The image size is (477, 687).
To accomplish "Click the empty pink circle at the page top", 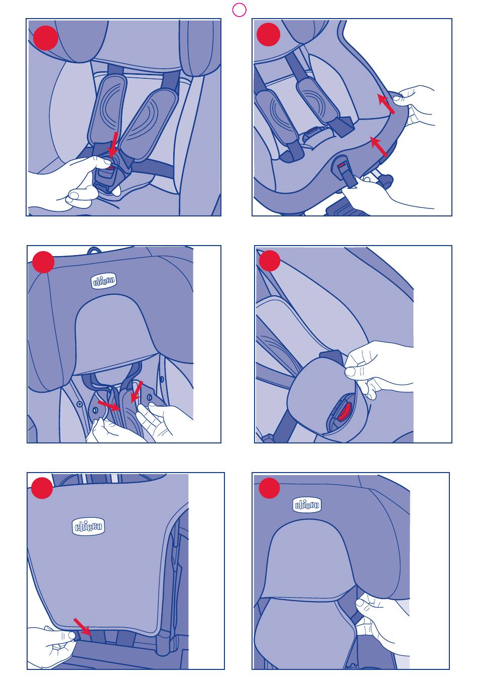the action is coord(239,10).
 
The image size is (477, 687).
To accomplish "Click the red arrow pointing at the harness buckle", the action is coord(113,144).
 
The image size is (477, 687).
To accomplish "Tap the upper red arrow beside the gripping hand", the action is coord(386,104).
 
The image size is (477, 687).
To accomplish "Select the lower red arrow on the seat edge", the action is coord(379,147).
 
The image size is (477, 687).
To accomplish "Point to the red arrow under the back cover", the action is coord(82,627).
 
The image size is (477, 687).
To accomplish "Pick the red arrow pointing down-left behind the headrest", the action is coord(137,391).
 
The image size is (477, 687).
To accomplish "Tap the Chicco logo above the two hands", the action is coord(104,281).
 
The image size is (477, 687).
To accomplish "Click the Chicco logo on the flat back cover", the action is coord(88,527).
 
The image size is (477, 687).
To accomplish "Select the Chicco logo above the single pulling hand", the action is coord(307,505).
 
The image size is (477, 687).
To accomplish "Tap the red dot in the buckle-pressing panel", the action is coord(45,38).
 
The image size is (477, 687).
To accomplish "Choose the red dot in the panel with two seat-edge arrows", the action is coord(268,34).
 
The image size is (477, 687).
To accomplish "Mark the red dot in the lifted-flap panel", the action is coord(270,261).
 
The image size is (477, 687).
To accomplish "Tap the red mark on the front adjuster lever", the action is coord(341,165).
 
